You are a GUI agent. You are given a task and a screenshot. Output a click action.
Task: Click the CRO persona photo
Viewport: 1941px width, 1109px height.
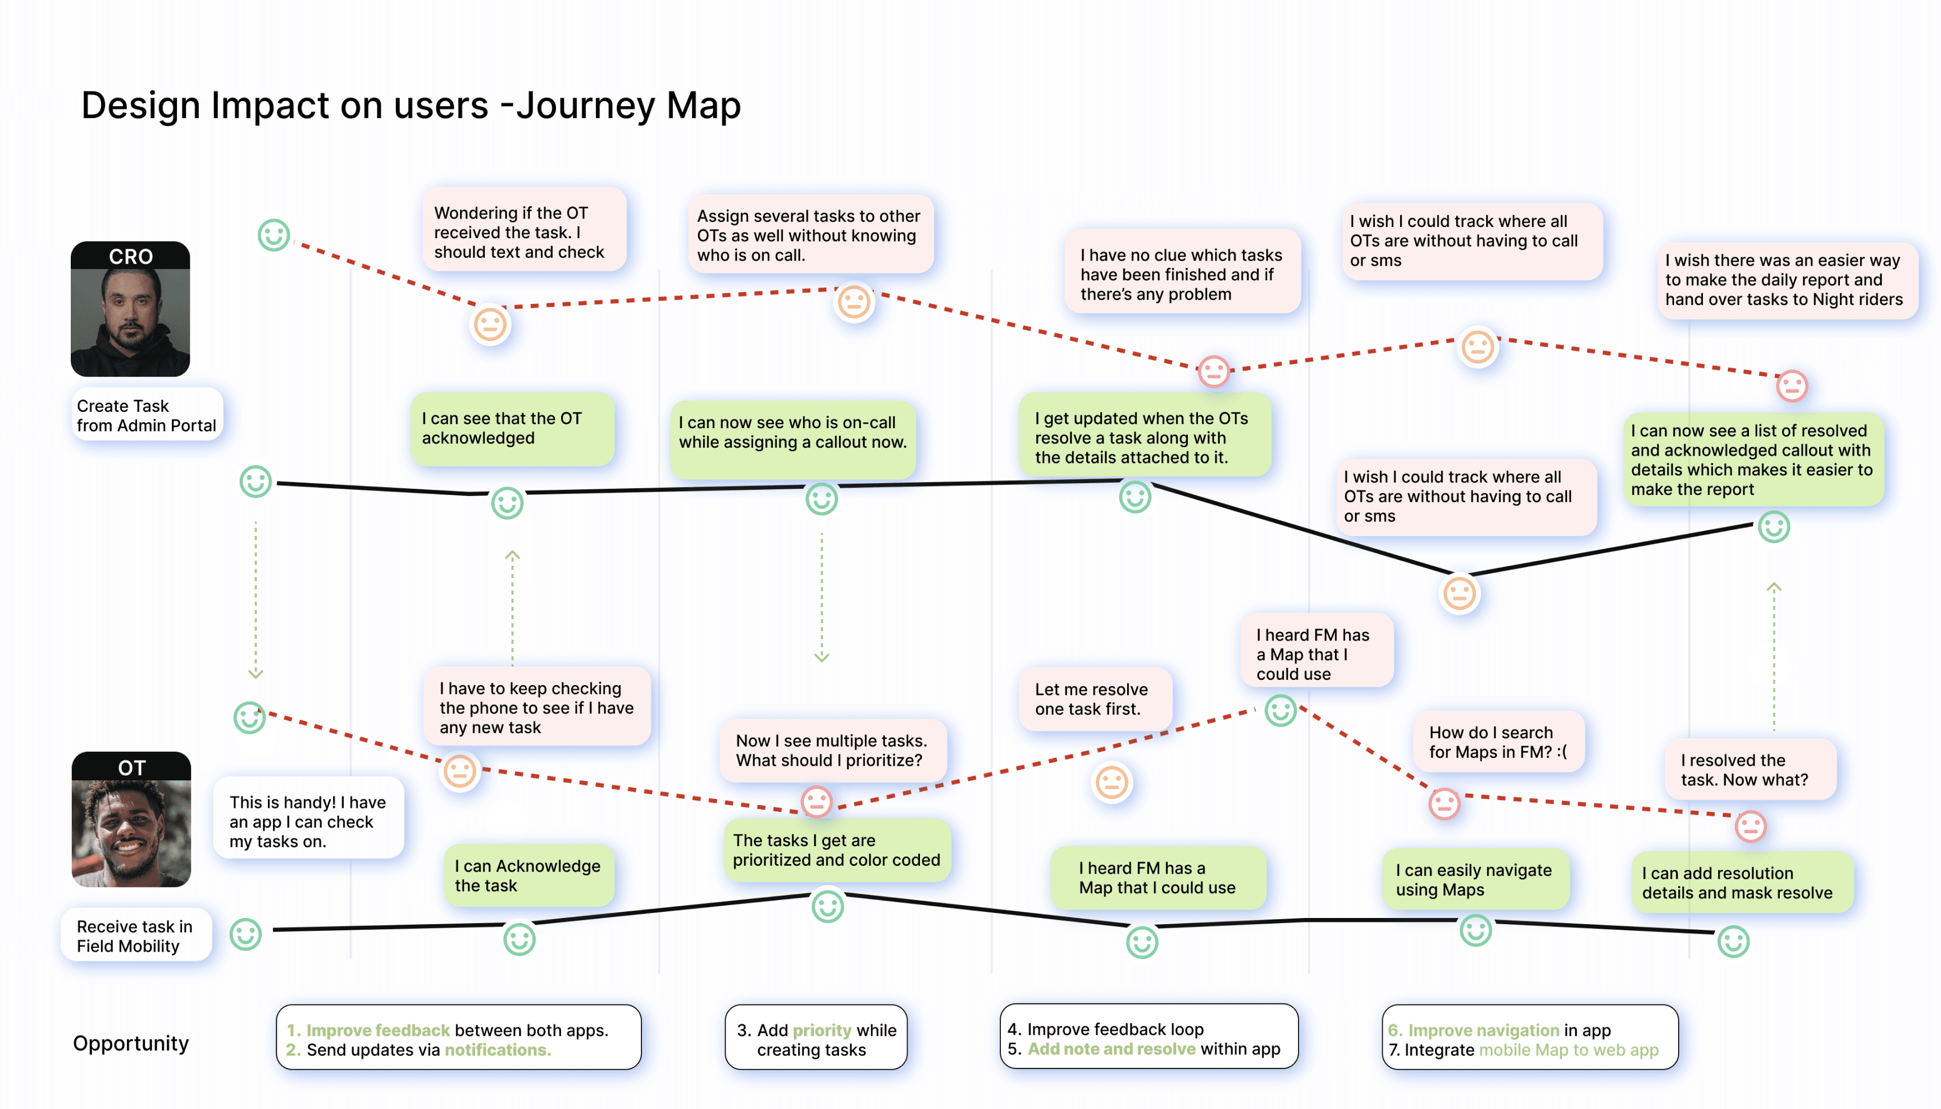tap(130, 308)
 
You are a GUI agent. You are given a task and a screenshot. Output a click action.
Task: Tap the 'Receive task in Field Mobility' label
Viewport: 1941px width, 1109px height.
tap(135, 935)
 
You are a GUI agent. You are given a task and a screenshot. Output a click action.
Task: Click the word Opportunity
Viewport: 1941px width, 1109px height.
tap(131, 1043)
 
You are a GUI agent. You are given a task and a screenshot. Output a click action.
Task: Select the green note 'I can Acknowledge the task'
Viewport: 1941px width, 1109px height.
tap(528, 875)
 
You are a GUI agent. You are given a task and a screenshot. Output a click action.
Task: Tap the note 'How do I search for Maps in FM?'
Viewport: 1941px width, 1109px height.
tap(1498, 742)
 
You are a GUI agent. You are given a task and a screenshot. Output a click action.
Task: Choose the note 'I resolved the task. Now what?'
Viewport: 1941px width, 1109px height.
tap(1751, 769)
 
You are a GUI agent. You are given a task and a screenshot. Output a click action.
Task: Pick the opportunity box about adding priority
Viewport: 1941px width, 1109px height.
tap(816, 1038)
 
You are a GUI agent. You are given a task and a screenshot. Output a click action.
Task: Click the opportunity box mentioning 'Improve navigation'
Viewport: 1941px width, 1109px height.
tap(1530, 1038)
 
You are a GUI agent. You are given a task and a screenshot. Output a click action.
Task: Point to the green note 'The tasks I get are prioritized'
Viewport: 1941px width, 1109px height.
tap(836, 850)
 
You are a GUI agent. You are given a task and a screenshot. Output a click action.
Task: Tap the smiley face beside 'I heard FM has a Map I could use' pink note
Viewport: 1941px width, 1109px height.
tap(1281, 711)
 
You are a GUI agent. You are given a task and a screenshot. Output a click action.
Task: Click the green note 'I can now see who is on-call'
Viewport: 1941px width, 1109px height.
tap(792, 432)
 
